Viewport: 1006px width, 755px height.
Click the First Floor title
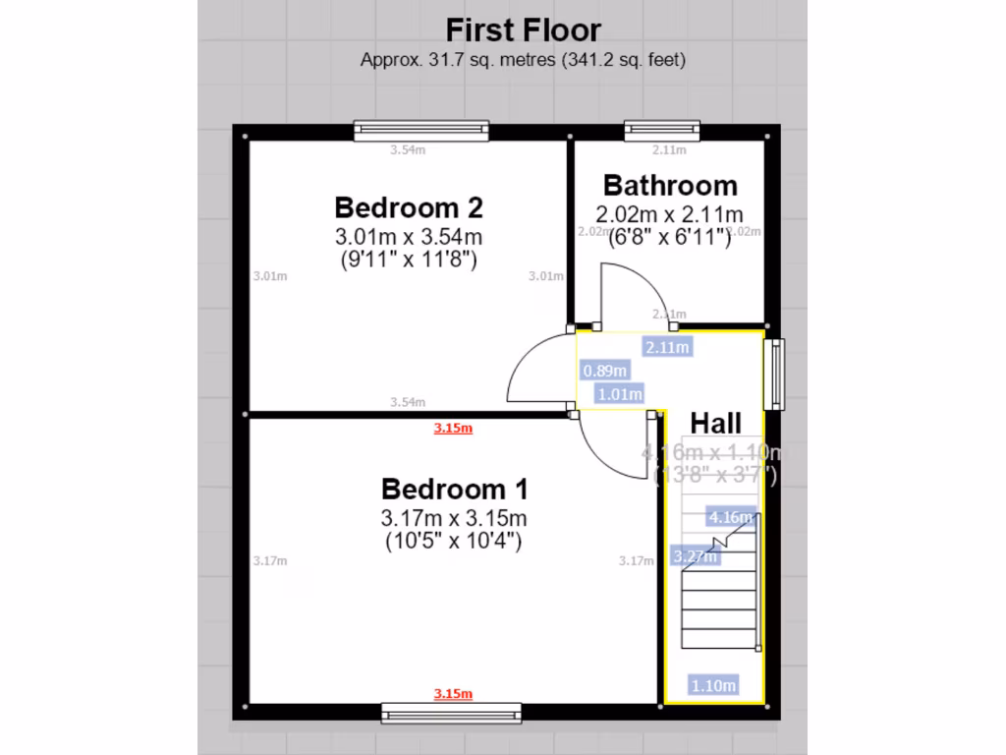coord(523,29)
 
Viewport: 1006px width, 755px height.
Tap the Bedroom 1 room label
coord(454,489)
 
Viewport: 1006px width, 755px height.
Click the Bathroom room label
coord(670,185)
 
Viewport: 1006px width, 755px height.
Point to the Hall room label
coord(715,424)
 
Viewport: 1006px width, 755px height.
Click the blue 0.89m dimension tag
coord(603,371)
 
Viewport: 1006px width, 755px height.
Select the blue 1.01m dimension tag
coord(620,394)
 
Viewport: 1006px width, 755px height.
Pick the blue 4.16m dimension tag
coord(731,517)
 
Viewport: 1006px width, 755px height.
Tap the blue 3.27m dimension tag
coord(695,556)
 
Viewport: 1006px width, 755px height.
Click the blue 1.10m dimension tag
coord(713,686)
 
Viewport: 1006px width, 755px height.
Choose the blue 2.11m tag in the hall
coord(667,346)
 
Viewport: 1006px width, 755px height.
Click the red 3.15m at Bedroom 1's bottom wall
coord(453,694)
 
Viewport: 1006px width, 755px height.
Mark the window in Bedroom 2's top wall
coord(421,130)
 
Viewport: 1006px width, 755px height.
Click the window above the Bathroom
coord(662,130)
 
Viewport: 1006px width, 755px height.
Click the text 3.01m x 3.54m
coord(409,237)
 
